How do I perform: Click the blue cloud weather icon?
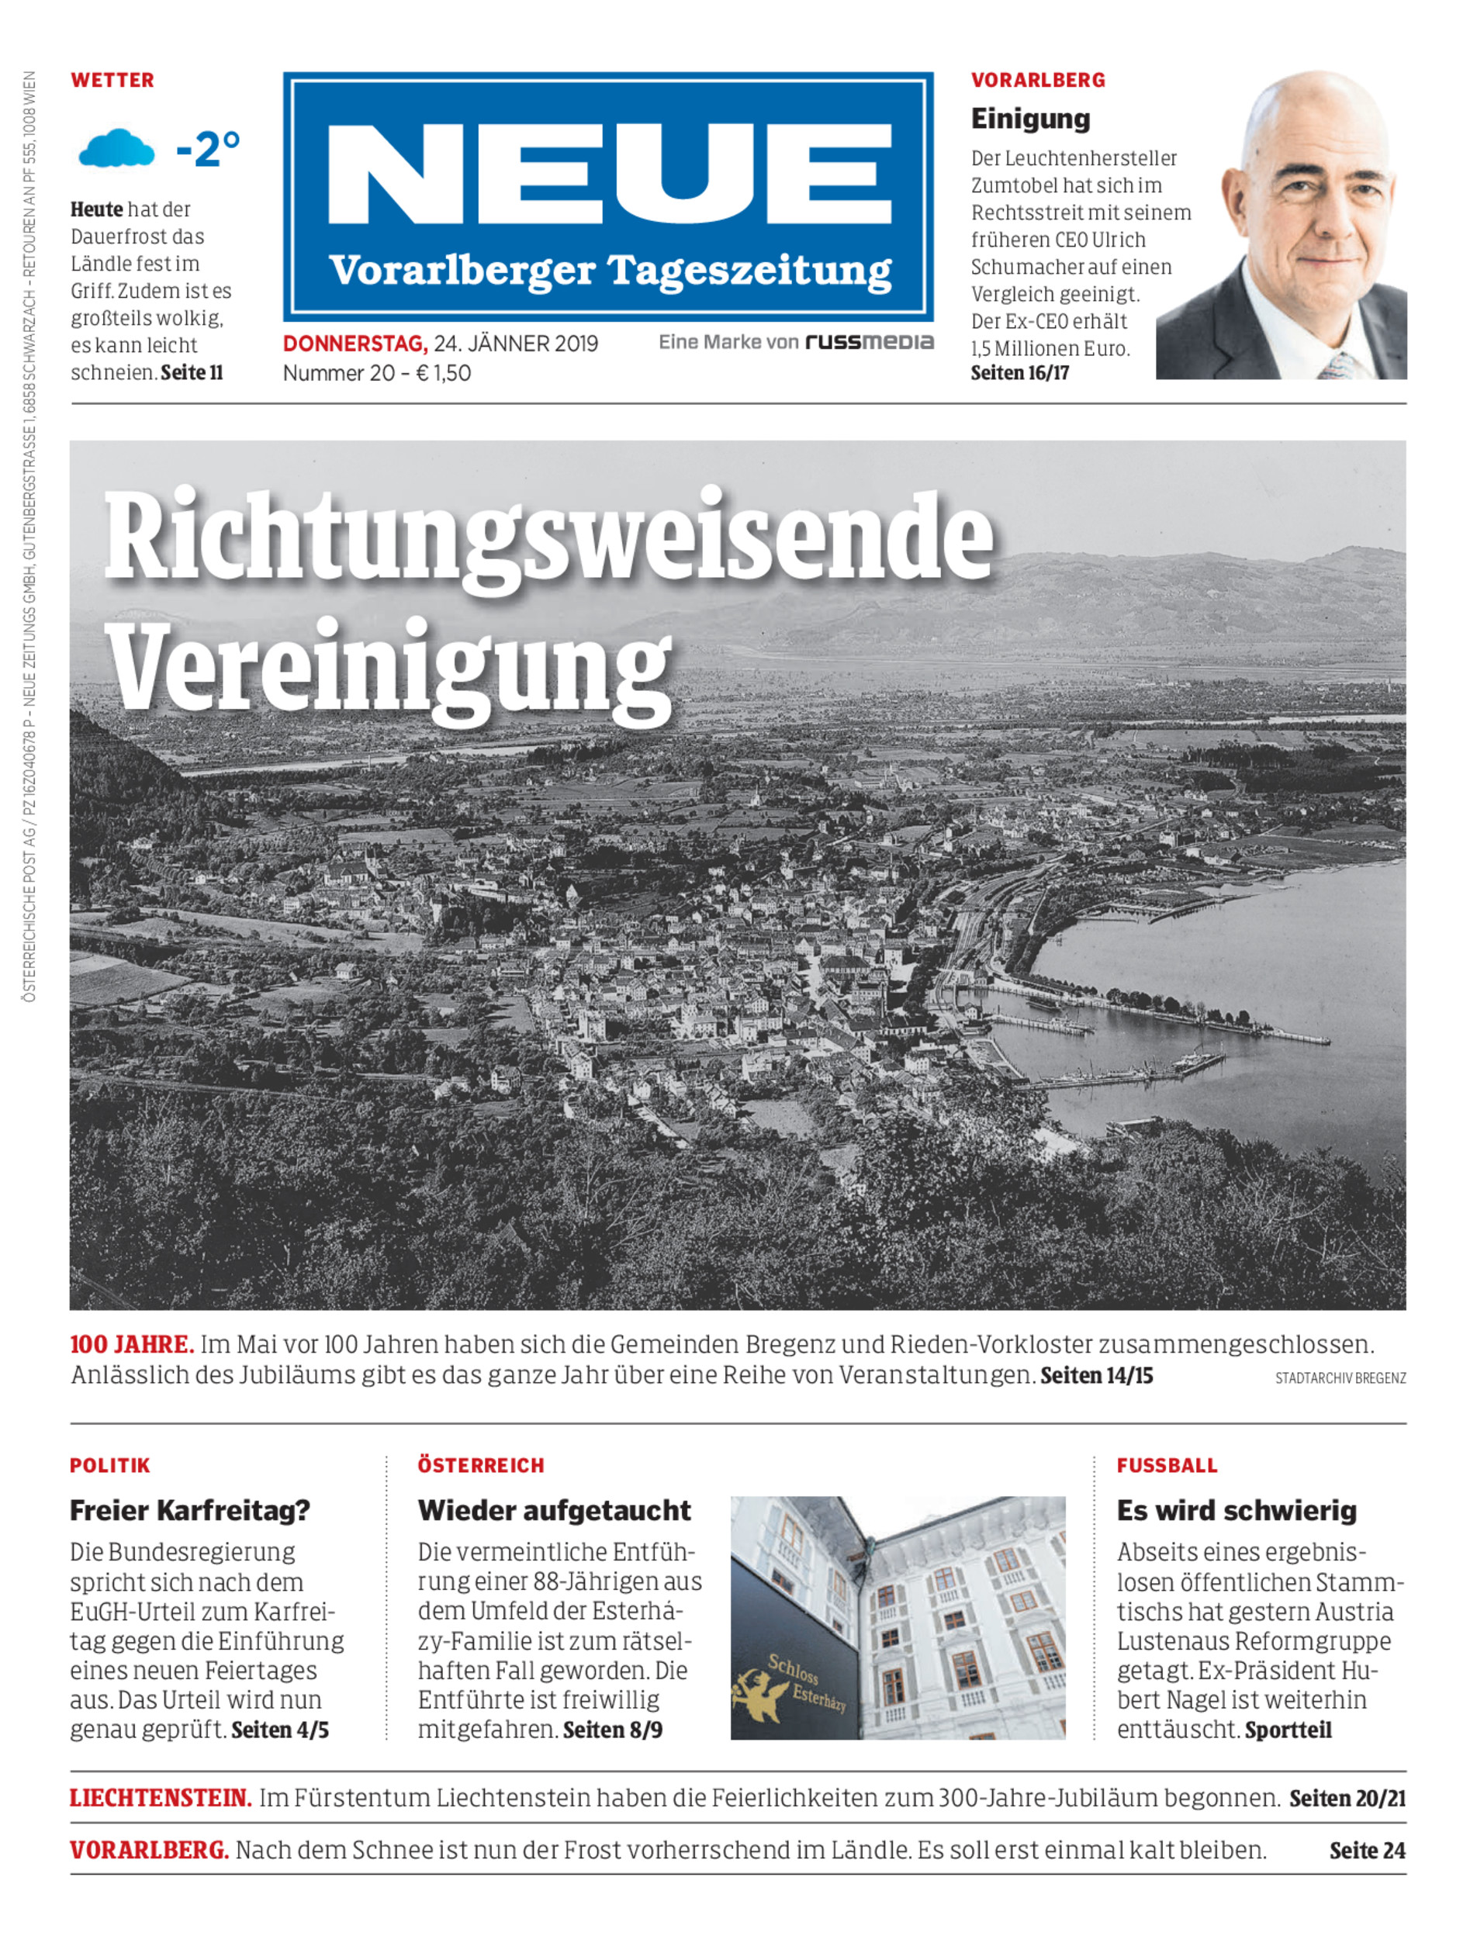tap(116, 149)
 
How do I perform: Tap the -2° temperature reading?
tap(207, 149)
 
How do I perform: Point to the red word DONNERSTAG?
tap(355, 344)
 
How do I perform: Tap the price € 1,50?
tap(443, 373)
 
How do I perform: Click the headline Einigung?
tap(1029, 119)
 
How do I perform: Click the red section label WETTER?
tap(112, 80)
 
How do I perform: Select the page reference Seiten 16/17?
tap(1019, 373)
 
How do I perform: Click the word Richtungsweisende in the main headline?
tap(548, 538)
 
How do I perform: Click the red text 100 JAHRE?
tap(132, 1344)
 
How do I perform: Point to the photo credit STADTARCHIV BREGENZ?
tap(1340, 1378)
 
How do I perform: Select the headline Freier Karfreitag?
tap(190, 1510)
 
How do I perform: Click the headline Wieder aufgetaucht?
tap(554, 1510)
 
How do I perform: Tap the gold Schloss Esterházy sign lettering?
tap(804, 1682)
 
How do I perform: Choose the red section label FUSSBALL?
tap(1167, 1465)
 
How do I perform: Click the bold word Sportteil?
tap(1288, 1730)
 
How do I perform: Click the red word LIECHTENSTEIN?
tap(161, 1799)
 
